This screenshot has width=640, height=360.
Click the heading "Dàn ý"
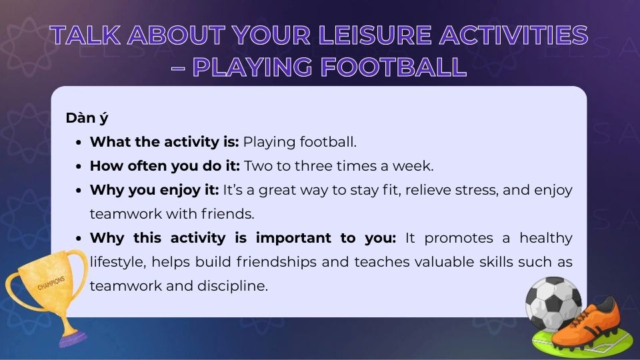pyautogui.click(x=87, y=118)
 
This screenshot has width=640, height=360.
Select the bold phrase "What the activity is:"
pyautogui.click(x=164, y=142)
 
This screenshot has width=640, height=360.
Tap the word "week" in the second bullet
pyautogui.click(x=417, y=166)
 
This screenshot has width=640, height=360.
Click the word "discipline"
pyautogui.click(x=234, y=286)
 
